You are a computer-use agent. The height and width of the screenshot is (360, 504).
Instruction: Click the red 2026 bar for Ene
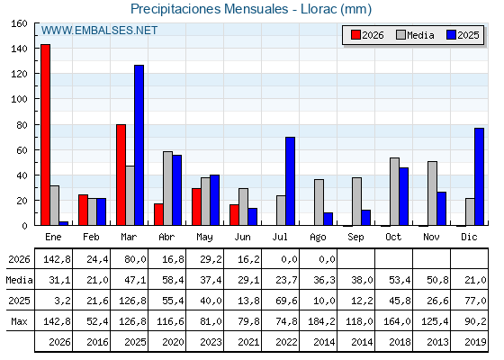coord(45,135)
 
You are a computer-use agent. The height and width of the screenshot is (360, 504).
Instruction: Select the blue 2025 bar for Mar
coord(139,145)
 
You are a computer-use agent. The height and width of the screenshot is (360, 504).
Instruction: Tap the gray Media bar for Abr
coord(167,188)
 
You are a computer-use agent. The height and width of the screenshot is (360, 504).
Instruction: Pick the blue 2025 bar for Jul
coord(290,181)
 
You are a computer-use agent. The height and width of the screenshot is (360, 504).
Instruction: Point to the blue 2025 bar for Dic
coord(479,176)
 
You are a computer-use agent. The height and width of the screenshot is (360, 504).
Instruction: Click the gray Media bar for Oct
coord(395,192)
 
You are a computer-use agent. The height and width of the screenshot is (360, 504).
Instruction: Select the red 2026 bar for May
coord(196,207)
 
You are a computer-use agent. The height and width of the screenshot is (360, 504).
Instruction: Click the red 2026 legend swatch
coord(355,35)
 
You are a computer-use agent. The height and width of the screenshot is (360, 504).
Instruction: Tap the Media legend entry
coord(415,35)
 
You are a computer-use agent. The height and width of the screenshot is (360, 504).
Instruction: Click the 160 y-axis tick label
coord(19,23)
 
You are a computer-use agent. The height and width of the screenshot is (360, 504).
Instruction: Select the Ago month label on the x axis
coord(318,238)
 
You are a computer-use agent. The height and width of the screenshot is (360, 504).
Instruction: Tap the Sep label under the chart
coord(355,238)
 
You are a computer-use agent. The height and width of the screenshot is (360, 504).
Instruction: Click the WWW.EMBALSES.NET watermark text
coord(99,31)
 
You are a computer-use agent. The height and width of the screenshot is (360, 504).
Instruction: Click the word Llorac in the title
coord(319,9)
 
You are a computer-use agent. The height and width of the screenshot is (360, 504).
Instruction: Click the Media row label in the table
coord(19,280)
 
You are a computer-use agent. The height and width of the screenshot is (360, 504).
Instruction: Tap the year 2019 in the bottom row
coord(475,342)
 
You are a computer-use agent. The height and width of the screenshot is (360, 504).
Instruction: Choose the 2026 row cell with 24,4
coord(97,259)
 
